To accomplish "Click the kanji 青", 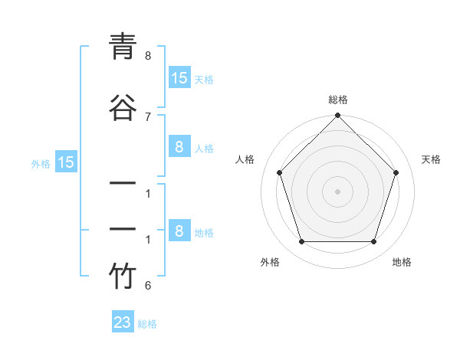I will coord(123,47).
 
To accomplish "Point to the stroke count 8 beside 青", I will coord(148,56).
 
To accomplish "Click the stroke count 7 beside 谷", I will coord(148,116).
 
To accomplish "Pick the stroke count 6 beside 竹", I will coord(148,286).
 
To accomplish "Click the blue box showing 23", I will coord(123,322).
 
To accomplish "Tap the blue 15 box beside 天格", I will coord(179,78).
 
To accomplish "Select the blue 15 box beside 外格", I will coord(66,162).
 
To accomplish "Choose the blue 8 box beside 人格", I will coord(179,148).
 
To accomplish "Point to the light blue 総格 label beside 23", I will coord(148,324).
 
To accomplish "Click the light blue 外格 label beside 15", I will coord(41,163).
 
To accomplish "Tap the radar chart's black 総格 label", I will coord(338,100).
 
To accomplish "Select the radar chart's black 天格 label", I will coord(432,159).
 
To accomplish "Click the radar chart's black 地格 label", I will coord(402,262).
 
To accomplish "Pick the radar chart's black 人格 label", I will coord(245,159).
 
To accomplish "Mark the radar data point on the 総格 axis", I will coord(338,116).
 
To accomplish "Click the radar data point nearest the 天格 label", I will coord(396,172).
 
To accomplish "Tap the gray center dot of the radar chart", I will coord(338,191).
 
